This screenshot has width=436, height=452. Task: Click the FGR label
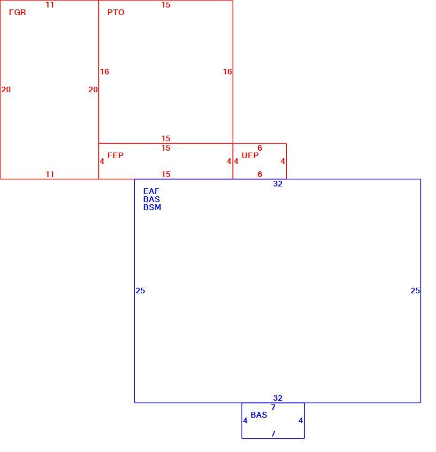point(17,12)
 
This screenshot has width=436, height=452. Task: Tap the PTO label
point(116,12)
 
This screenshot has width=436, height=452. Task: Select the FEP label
point(115,156)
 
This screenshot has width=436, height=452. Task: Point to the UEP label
point(250,156)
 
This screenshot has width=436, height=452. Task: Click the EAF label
point(152,192)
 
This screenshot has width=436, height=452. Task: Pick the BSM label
point(152,208)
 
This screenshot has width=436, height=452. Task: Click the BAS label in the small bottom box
point(259,415)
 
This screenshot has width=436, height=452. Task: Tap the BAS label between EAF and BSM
point(152,200)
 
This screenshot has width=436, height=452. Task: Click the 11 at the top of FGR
point(50,5)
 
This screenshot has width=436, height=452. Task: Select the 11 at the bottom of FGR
point(50,174)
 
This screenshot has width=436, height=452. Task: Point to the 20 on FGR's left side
point(6,89)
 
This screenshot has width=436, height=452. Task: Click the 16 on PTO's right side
point(227,72)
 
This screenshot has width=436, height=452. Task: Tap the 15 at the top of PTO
point(166,5)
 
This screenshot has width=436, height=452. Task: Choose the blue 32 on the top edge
point(278,184)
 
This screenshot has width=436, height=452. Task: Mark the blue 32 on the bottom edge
point(278,398)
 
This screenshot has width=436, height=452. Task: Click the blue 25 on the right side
point(415,291)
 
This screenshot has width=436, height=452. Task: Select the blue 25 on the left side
point(140,291)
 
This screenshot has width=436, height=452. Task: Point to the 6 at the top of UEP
point(260,148)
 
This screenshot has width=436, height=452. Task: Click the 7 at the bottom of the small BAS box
point(273,434)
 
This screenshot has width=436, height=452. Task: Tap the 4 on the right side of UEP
point(283,161)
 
